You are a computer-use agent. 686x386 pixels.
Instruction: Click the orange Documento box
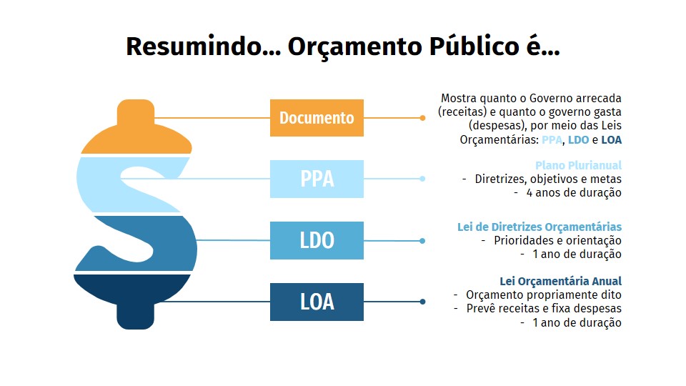click(317, 118)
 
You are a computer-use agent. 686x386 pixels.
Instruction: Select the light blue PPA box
click(317, 179)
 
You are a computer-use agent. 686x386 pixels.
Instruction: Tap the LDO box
click(317, 240)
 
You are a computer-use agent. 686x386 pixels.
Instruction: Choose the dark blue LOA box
click(317, 302)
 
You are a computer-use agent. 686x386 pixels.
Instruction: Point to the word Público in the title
click(474, 46)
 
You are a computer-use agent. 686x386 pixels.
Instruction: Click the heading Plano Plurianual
click(578, 165)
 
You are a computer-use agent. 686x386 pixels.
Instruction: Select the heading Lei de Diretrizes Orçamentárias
click(540, 227)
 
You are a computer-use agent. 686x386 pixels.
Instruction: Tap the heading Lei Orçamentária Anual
click(561, 281)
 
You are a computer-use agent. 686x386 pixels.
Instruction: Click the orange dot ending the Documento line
click(422, 118)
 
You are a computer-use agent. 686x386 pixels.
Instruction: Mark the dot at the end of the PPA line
click(422, 179)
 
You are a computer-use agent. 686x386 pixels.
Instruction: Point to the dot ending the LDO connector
click(422, 241)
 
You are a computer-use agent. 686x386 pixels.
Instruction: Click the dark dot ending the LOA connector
click(422, 302)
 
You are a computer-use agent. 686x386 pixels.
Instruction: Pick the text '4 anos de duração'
click(574, 192)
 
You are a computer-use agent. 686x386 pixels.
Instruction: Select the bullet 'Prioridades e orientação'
click(557, 240)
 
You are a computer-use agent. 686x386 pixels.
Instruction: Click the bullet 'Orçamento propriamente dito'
click(543, 295)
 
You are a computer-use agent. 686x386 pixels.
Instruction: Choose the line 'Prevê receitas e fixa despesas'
click(544, 309)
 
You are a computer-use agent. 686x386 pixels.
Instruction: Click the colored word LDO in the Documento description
click(578, 140)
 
